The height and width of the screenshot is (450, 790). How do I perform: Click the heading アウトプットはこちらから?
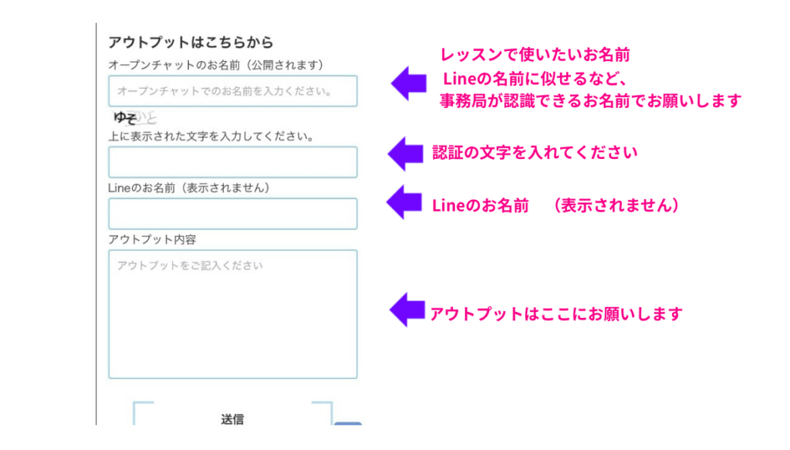coord(191,42)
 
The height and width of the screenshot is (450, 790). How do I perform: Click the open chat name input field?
coord(232,91)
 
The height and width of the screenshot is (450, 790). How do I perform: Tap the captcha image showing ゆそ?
coord(134,118)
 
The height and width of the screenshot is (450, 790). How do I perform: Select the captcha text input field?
coord(232,162)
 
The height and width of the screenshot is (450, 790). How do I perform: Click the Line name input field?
coord(232,214)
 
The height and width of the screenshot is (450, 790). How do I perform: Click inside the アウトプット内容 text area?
coord(232,314)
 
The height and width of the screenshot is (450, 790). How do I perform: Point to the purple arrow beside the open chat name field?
coord(409,83)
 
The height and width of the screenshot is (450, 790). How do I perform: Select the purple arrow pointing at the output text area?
coord(407,310)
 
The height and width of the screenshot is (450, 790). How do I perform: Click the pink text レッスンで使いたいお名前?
coord(535,55)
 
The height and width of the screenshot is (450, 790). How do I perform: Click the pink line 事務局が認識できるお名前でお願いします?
coord(590,101)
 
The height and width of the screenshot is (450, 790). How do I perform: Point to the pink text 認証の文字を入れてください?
coord(535,153)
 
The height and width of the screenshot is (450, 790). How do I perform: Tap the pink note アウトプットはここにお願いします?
coord(556,314)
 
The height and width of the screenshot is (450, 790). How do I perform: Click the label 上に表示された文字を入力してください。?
coord(210,137)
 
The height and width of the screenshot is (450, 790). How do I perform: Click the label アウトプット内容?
coord(152,239)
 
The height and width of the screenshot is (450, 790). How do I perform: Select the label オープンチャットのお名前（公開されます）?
coord(215,65)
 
